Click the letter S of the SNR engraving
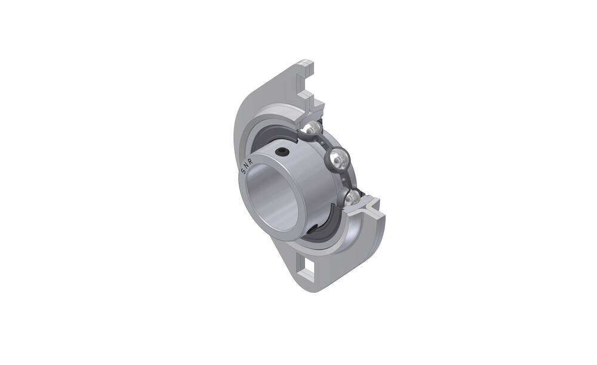tap(242, 171)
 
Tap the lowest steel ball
tap(352, 197)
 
